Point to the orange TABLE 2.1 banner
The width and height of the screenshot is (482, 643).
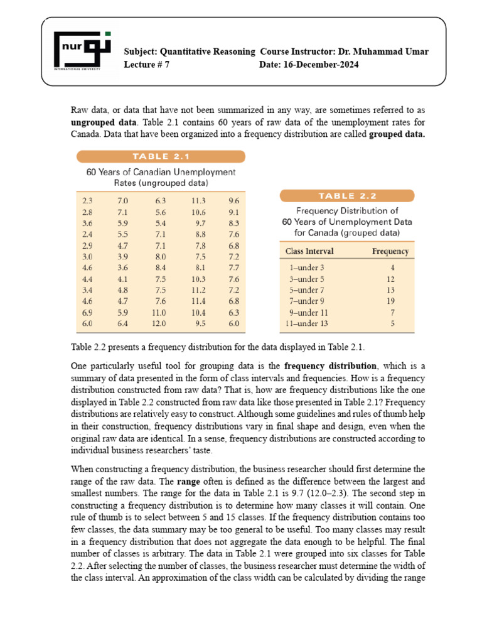161,157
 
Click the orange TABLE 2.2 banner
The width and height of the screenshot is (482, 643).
347,195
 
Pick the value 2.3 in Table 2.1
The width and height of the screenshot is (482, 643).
87,200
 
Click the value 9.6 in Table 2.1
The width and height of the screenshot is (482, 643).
234,200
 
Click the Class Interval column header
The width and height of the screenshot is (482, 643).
309,251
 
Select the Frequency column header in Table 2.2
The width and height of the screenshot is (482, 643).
390,251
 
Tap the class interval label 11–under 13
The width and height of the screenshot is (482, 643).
308,324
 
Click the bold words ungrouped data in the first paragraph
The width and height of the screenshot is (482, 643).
97,123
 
